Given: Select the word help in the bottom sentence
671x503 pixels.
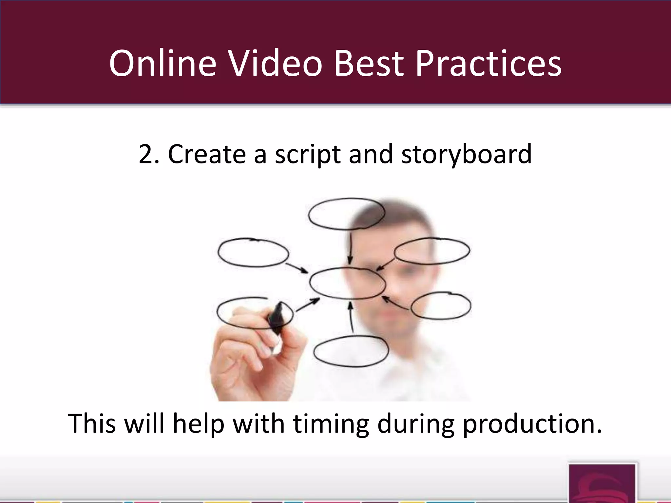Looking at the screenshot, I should (x=198, y=424).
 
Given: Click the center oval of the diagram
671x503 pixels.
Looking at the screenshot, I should (x=347, y=283).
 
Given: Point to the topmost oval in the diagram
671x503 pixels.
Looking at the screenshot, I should (x=346, y=214).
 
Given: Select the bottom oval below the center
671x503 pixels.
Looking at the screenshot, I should (x=351, y=351).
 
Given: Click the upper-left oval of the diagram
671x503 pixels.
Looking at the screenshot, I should (x=253, y=253).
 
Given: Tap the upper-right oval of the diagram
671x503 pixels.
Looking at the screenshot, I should (x=432, y=251).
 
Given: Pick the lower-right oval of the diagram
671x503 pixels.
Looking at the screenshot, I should (x=441, y=305).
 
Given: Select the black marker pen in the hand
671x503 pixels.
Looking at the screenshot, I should (x=276, y=318).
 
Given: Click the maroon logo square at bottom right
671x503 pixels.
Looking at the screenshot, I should (x=602, y=483).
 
